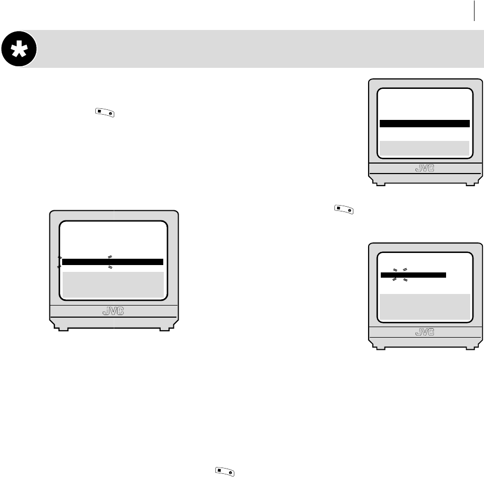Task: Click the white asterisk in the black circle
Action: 19,49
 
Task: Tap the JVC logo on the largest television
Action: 113,311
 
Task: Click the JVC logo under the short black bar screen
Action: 425,332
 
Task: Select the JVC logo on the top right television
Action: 425,168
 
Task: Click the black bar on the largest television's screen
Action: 113,262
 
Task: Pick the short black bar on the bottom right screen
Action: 413,275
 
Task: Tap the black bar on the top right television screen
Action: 424,124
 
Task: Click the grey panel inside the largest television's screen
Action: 113,285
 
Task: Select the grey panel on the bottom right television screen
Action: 424,307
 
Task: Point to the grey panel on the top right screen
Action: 424,148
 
